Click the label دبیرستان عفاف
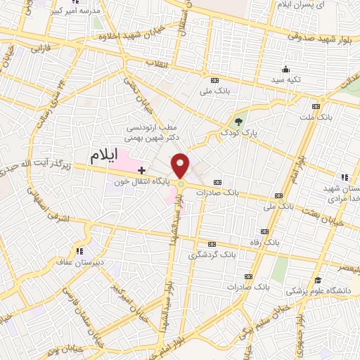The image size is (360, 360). coord(79,260)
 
